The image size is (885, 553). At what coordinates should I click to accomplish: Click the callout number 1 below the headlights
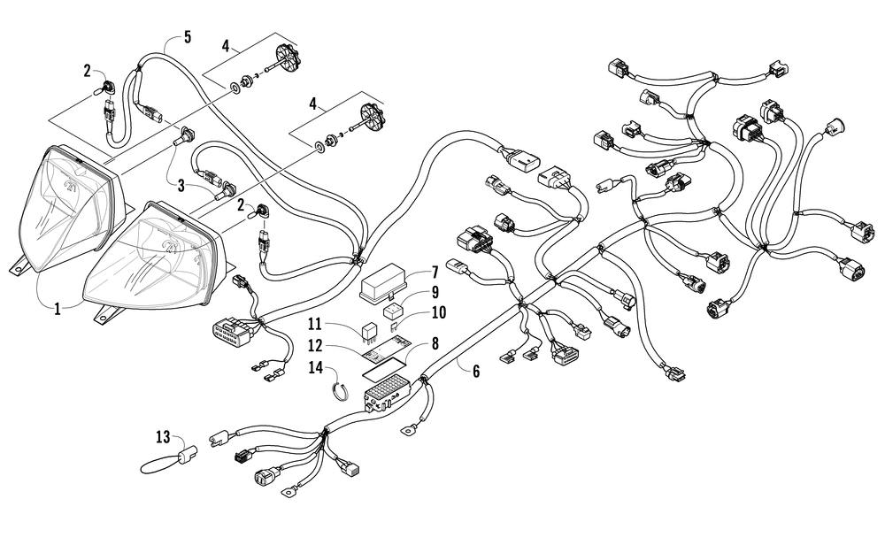[57, 309]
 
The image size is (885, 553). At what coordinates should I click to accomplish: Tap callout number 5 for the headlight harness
[188, 37]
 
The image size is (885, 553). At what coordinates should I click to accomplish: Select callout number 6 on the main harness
[476, 371]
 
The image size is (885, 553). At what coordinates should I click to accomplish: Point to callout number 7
[435, 273]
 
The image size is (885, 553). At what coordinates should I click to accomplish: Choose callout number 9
[435, 292]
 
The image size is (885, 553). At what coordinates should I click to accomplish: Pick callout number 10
[438, 312]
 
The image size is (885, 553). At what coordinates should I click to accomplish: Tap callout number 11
[315, 324]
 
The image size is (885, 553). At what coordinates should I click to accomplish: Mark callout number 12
[315, 344]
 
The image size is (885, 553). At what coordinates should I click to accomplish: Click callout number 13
[163, 436]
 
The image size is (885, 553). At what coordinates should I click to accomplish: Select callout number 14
[316, 367]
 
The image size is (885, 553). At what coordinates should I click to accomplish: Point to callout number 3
[181, 184]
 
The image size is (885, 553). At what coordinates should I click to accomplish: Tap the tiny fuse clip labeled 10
[395, 326]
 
